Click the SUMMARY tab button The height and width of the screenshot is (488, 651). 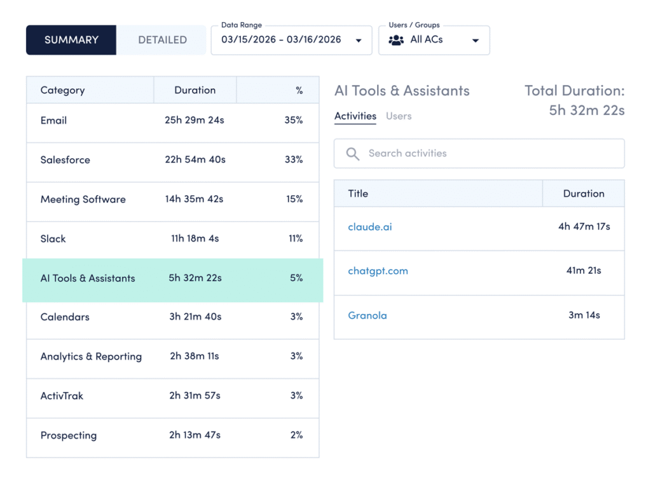coord(71,40)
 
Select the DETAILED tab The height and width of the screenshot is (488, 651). coord(162,40)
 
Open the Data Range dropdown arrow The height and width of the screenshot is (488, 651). coord(359,41)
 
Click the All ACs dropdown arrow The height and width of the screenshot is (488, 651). coord(475,41)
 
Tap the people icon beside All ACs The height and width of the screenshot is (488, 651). coord(396,40)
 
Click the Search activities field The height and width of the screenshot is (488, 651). coord(479,153)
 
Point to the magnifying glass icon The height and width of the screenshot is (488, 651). coord(353,153)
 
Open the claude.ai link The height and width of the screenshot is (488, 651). coord(370,227)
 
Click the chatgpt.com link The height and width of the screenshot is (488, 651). coord(378,271)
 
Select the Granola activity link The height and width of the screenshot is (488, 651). coord(367,315)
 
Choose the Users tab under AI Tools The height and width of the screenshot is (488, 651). coord(399,116)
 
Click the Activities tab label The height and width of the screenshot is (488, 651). coord(355,116)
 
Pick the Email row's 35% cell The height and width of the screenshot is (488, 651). coord(294,120)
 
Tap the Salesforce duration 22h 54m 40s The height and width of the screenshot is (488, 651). coord(195,159)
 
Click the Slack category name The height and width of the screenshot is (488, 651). coord(53,239)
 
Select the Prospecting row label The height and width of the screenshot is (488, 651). coord(69,435)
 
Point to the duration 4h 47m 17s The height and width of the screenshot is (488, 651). coord(584,226)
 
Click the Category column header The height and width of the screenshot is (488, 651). coord(62,90)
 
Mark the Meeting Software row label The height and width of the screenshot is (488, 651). coord(83,200)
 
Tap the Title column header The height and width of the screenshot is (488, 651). coord(358,194)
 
